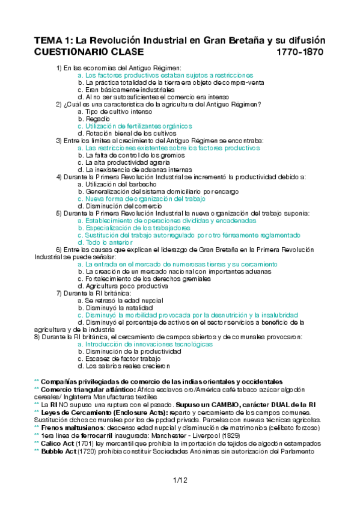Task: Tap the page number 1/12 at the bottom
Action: pos(180,479)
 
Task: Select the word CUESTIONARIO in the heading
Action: pos(67,52)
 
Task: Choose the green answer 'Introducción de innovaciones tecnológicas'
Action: pos(145,344)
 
